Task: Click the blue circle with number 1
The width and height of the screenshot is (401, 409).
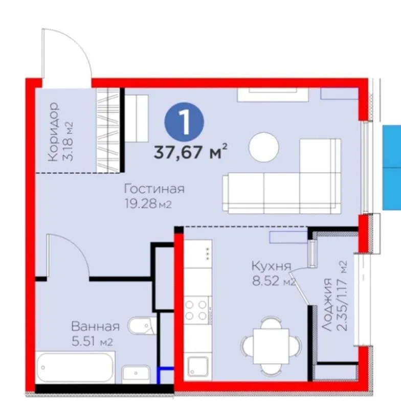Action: (x=184, y=122)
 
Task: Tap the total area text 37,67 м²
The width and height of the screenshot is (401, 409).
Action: (x=190, y=152)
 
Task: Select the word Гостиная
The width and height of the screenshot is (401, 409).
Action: (x=154, y=189)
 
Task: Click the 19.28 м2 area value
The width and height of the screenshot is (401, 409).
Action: (x=148, y=203)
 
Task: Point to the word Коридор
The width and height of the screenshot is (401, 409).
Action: (x=54, y=132)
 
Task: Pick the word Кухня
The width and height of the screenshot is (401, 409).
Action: (x=271, y=266)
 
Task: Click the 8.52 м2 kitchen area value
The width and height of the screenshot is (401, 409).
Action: (x=274, y=281)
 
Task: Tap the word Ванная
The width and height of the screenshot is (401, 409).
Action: (x=96, y=326)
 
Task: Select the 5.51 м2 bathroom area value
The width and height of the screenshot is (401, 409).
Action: (x=92, y=342)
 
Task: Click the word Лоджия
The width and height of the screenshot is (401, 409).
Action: (x=327, y=305)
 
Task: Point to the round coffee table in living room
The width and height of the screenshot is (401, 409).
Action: (x=264, y=147)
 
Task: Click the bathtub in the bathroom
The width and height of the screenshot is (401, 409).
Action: (x=75, y=367)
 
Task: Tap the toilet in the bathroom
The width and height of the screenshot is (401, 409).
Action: (x=142, y=326)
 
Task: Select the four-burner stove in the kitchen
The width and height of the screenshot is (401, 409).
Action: (x=198, y=310)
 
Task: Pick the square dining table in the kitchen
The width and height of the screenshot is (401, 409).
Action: (x=271, y=346)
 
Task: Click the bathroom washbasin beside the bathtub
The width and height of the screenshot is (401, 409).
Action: (x=136, y=374)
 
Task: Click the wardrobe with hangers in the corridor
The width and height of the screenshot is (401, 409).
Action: (x=108, y=130)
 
